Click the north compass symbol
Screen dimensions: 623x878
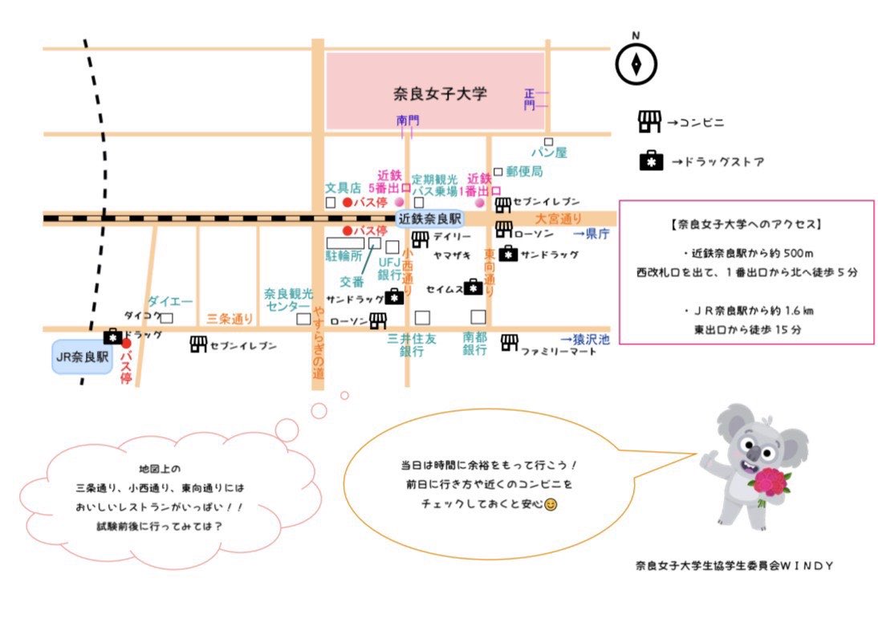point(636,63)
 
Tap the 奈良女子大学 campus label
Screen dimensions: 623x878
point(440,94)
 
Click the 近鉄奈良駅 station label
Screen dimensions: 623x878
point(431,218)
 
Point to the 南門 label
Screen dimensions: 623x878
point(408,120)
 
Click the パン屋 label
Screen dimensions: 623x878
point(549,152)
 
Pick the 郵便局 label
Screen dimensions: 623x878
point(524,171)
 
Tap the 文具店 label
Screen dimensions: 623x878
point(343,187)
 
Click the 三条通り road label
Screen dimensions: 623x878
point(230,319)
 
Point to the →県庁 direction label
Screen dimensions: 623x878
point(592,234)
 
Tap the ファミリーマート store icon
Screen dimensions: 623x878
point(508,344)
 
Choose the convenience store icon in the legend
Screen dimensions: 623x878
point(648,122)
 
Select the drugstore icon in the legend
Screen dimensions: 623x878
point(650,161)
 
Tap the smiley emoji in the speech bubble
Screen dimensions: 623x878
point(551,505)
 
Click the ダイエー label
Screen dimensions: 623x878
point(170,301)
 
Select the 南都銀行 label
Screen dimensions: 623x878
point(475,344)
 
